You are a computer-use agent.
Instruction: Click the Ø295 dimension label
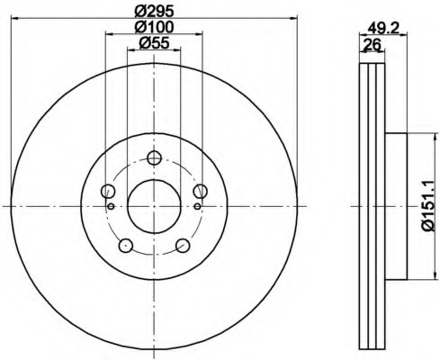point(154,12)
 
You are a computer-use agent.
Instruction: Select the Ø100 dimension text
point(154,27)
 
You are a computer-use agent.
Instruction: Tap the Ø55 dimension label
point(154,43)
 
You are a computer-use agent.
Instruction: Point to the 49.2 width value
point(383,29)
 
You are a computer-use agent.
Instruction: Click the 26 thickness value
point(372,45)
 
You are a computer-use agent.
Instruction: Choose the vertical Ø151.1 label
point(428,206)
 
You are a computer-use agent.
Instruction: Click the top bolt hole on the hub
point(155,157)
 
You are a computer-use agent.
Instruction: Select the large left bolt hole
point(108,191)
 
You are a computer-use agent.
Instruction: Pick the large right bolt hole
point(200,191)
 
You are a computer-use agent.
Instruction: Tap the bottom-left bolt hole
point(126,246)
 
